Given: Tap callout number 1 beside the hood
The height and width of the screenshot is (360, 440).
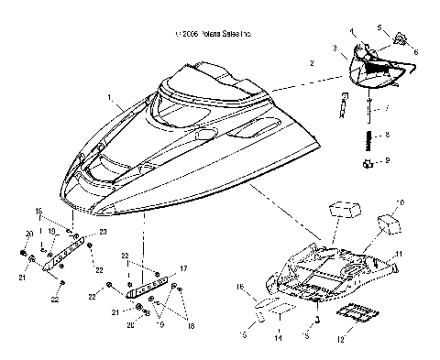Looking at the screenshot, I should point(109,96).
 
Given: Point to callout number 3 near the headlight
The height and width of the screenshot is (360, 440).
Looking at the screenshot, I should point(335,46).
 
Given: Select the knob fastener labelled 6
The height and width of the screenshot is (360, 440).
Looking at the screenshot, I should point(401,40).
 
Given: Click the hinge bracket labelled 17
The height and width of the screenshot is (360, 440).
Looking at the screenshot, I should point(147,285).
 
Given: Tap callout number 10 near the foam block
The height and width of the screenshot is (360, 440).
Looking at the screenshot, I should point(398,202).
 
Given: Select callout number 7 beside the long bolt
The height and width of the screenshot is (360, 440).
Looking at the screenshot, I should point(385,108).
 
